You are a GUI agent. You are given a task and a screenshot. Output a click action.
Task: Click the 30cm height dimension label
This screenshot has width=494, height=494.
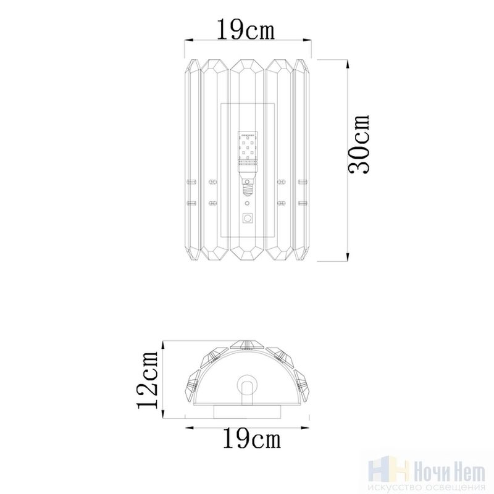(358, 144)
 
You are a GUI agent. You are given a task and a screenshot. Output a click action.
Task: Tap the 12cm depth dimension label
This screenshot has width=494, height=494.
(147, 380)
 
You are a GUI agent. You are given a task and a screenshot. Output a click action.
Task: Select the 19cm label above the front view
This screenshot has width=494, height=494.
(246, 29)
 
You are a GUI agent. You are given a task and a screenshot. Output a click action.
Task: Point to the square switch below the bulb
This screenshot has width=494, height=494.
(248, 218)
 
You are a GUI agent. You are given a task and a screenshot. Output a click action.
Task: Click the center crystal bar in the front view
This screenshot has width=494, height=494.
(247, 160)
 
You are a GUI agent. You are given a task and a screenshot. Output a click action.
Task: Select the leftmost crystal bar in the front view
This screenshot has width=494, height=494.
(192, 160)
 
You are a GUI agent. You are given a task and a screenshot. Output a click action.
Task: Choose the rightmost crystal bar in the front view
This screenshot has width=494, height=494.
(301, 160)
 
